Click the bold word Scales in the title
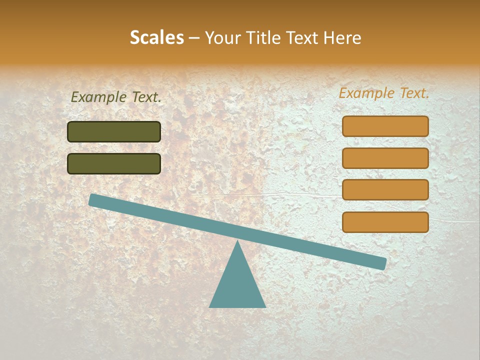click(156, 38)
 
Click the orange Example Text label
click(384, 93)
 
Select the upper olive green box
click(114, 132)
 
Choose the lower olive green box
click(114, 164)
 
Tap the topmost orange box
click(385, 126)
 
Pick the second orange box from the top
click(385, 158)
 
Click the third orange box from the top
click(385, 190)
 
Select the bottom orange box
click(385, 222)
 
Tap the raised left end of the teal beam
click(95, 200)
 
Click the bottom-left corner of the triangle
click(210, 306)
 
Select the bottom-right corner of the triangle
click(265, 306)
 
